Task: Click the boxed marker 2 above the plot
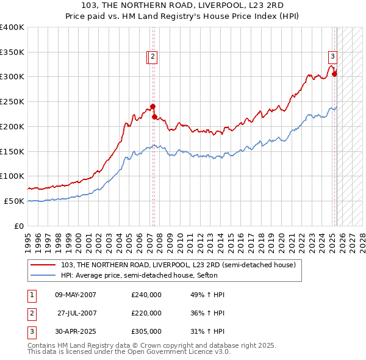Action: point(152,57)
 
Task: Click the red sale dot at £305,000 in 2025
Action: point(334,74)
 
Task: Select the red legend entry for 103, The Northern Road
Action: point(179,265)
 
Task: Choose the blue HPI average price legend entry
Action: point(146,275)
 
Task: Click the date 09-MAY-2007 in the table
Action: point(76,295)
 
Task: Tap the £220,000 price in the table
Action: point(146,313)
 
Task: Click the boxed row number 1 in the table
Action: point(30,295)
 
